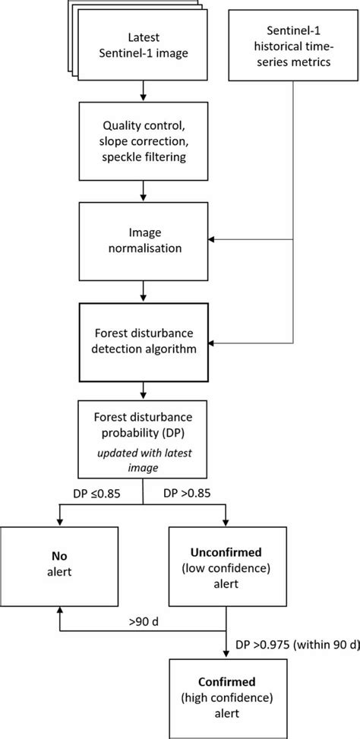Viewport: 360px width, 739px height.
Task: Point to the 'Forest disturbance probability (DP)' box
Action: click(144, 440)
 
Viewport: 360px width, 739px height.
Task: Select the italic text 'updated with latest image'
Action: click(144, 460)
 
